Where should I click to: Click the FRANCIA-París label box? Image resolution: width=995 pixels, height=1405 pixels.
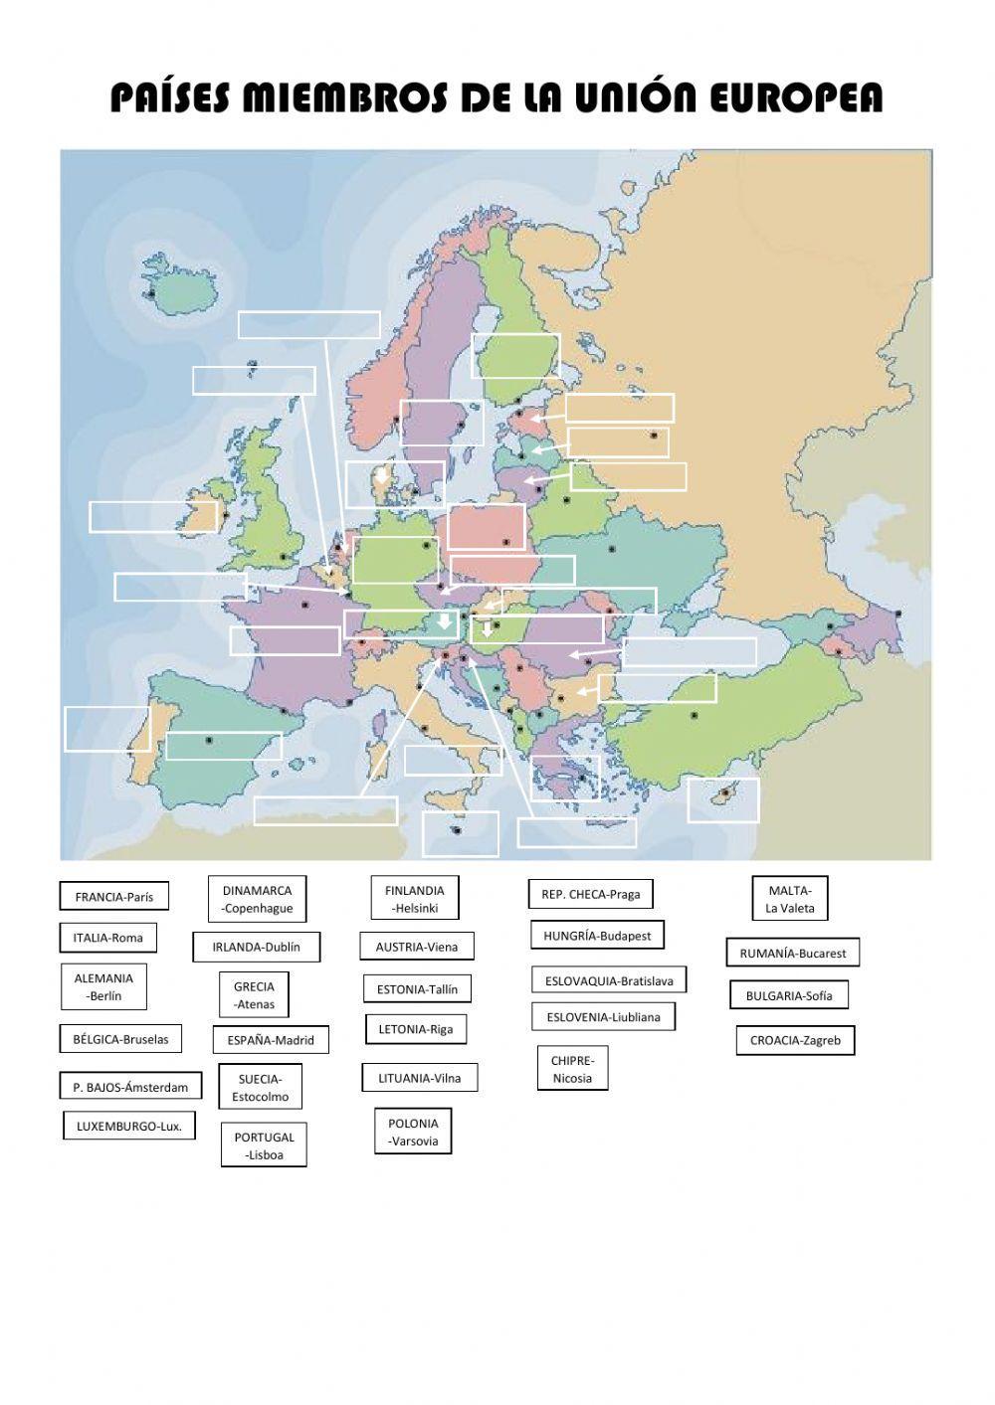click(x=113, y=896)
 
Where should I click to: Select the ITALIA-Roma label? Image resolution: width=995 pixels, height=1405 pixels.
click(x=107, y=938)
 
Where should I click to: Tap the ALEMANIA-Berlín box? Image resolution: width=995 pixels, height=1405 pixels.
click(x=103, y=986)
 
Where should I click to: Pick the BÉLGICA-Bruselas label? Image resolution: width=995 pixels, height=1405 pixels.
click(x=120, y=1039)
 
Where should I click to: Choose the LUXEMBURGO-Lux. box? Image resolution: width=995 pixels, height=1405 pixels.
click(x=129, y=1127)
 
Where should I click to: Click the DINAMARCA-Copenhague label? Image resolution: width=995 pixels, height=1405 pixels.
click(x=257, y=899)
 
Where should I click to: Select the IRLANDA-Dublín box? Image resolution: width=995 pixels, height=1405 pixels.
click(x=256, y=947)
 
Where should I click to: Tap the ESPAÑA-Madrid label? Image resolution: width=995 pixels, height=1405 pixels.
click(x=271, y=1040)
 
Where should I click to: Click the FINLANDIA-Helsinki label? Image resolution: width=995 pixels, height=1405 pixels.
click(x=414, y=899)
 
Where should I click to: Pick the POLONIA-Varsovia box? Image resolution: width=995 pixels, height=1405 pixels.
click(x=413, y=1132)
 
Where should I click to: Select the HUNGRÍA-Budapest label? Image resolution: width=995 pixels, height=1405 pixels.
click(x=597, y=936)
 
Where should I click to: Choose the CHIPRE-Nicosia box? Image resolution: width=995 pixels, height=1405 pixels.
click(x=572, y=1069)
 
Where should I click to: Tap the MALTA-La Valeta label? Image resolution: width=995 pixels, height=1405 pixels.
click(x=790, y=899)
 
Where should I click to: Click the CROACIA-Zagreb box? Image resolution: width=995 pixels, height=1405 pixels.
click(x=795, y=1041)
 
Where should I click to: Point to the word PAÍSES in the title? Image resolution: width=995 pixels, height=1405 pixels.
click(x=171, y=98)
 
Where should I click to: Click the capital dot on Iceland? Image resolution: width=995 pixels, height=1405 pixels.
click(x=151, y=294)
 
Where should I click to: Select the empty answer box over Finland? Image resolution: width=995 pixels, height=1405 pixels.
click(x=515, y=356)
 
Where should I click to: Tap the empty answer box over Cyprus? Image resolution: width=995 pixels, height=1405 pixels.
click(x=723, y=800)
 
